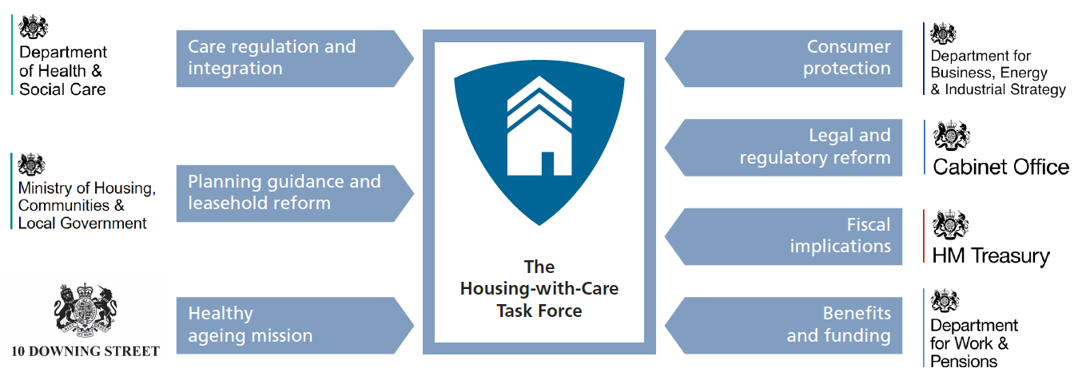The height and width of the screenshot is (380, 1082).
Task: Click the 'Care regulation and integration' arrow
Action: click(x=295, y=58)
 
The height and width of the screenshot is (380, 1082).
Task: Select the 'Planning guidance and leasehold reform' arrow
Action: click(x=295, y=193)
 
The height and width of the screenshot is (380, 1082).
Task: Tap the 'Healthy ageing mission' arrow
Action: click(x=295, y=325)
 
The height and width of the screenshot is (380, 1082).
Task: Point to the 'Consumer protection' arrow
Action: click(x=783, y=58)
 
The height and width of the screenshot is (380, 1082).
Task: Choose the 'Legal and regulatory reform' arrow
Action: click(x=783, y=147)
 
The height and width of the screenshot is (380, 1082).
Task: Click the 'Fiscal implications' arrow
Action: click(x=783, y=236)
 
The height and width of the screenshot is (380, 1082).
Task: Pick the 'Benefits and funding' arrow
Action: click(x=783, y=325)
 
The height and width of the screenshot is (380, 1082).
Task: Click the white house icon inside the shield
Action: click(x=539, y=126)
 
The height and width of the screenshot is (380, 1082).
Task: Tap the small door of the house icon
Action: click(x=547, y=164)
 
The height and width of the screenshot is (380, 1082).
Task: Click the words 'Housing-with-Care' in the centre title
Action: click(x=539, y=288)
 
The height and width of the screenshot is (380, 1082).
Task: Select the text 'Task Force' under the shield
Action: click(x=539, y=311)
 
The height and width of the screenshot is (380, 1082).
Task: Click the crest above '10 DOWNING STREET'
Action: click(x=86, y=310)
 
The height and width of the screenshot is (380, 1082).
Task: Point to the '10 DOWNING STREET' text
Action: click(x=86, y=351)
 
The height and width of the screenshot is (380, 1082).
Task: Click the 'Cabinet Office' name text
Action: click(x=1000, y=167)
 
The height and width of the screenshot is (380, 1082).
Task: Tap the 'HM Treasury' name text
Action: click(x=991, y=256)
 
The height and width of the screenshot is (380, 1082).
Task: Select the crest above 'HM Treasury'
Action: click(x=950, y=224)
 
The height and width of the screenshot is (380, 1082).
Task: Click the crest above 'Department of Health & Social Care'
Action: click(x=34, y=26)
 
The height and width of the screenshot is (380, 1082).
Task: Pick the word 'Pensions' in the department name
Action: click(x=964, y=362)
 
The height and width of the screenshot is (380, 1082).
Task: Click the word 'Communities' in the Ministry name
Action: click(x=64, y=205)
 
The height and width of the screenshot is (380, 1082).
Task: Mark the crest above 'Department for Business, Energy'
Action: click(x=944, y=34)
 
